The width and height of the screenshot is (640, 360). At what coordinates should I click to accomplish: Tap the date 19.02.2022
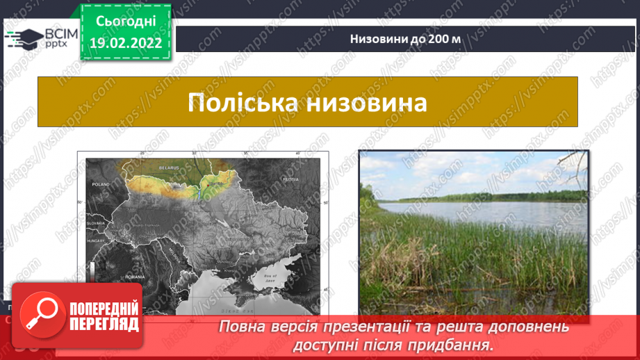coord(126,42)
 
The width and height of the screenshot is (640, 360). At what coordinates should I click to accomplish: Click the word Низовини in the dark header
coord(375,38)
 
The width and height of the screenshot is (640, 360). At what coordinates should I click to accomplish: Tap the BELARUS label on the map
coord(168,167)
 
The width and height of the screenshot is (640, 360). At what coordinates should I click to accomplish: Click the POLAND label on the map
coord(101,186)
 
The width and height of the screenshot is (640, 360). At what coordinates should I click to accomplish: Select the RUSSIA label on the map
coord(290,178)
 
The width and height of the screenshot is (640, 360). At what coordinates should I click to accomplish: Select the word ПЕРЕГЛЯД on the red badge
coord(104,323)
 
